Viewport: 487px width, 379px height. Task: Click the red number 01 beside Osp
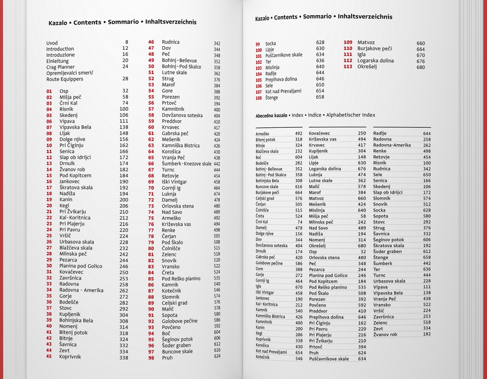49,91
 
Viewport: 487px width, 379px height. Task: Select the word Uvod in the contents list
52,43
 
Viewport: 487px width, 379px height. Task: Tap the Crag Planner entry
61,67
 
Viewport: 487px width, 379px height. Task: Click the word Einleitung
58,61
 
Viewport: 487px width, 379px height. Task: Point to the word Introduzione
61,55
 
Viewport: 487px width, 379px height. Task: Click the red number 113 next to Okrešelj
348,67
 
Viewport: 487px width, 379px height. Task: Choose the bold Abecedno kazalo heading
272,116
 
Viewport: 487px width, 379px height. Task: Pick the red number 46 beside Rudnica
151,42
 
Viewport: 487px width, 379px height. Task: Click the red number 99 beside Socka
258,44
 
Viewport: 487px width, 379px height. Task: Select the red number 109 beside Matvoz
348,42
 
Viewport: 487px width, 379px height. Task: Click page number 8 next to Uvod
127,42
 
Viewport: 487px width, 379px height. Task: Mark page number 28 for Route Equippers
125,79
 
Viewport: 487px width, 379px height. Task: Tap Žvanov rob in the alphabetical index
385,334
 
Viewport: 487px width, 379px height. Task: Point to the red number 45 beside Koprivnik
49,356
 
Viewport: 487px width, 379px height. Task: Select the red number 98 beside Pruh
151,358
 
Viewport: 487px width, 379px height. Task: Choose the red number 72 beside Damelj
151,200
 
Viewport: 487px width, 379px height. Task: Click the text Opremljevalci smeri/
70,73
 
